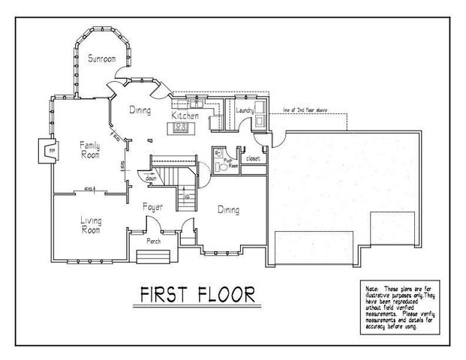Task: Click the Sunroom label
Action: click(x=101, y=58)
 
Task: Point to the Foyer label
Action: click(x=153, y=205)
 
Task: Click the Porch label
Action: click(x=153, y=241)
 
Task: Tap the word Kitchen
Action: click(x=185, y=117)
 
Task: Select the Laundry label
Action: click(x=245, y=111)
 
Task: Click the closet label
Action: click(x=252, y=159)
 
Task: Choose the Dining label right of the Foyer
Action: click(x=228, y=211)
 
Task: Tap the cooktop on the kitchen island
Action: click(x=181, y=128)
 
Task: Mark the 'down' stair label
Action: click(x=151, y=179)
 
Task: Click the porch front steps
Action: click(x=153, y=257)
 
